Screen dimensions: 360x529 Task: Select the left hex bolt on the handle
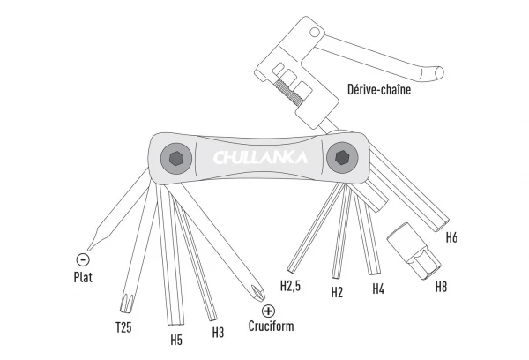click(x=175, y=159)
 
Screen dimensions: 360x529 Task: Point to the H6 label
click(x=451, y=236)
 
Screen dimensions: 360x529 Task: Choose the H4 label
click(x=378, y=288)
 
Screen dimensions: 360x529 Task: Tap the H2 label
click(x=336, y=291)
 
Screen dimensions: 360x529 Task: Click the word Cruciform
click(x=271, y=326)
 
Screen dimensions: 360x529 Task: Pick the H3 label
click(x=218, y=332)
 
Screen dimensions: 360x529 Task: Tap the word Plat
click(x=84, y=276)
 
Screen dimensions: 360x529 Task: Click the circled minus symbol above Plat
click(x=83, y=259)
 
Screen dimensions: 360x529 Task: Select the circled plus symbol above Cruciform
click(x=269, y=311)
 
